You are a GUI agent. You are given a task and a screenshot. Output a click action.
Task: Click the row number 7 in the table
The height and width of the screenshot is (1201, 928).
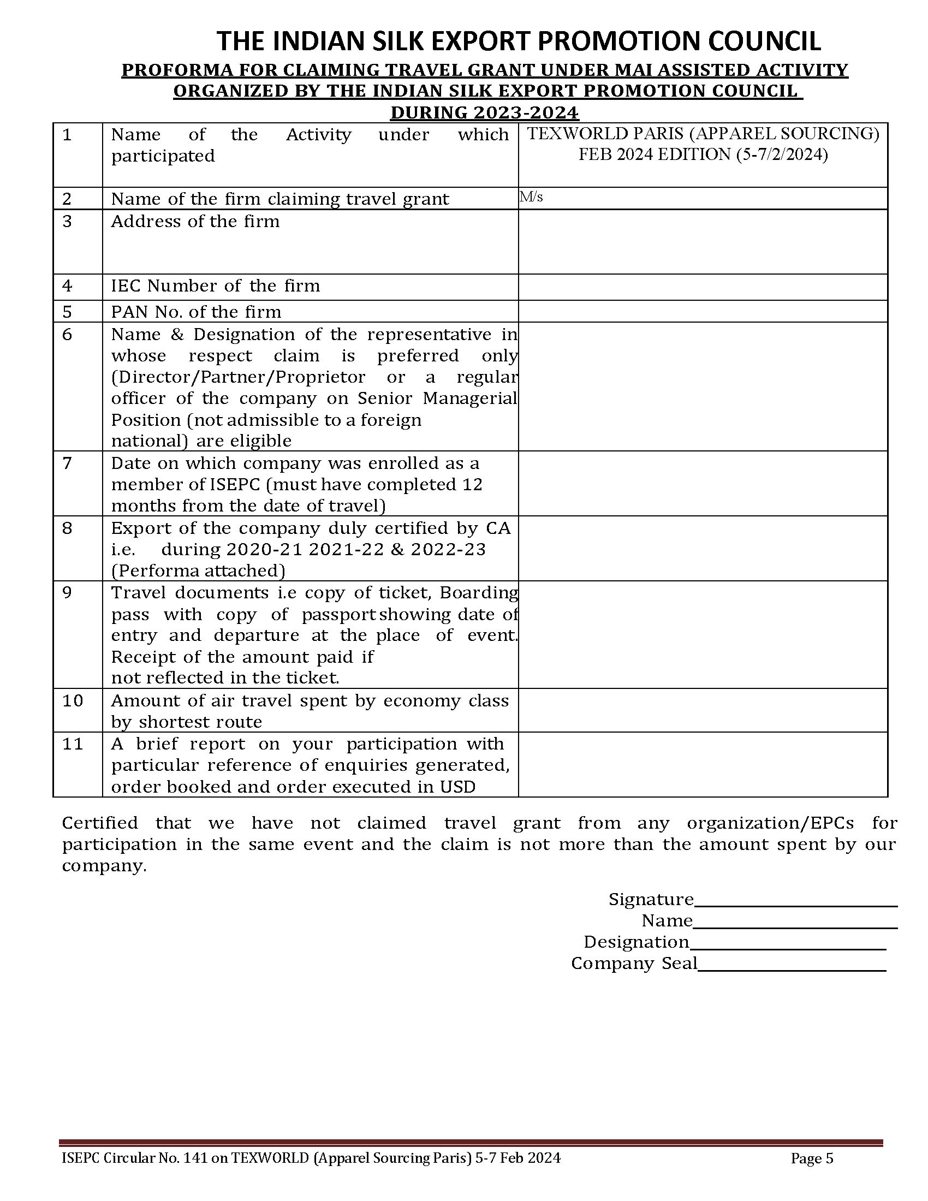pos(67,463)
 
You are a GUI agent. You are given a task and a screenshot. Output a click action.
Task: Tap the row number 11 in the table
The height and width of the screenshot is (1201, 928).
pos(72,744)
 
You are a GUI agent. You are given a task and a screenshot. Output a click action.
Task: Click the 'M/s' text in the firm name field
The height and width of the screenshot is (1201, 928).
pos(532,197)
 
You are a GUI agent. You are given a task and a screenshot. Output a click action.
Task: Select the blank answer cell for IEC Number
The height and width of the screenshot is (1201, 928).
pos(703,287)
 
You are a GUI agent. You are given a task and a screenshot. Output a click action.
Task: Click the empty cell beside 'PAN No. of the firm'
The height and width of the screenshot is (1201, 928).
pos(703,311)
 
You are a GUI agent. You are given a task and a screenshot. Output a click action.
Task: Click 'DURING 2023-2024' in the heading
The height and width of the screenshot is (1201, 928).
pos(484,113)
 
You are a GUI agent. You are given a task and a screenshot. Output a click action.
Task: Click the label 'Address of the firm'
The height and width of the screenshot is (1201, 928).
pos(195,222)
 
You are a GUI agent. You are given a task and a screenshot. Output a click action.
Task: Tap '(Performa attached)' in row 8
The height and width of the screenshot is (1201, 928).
pos(198,571)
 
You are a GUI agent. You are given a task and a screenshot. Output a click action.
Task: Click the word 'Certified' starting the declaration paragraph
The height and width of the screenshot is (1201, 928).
pos(99,823)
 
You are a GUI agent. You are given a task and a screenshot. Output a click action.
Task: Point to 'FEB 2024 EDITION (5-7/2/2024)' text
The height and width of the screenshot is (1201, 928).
pos(703,155)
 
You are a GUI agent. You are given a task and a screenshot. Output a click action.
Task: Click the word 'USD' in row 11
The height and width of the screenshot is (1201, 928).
pos(457,787)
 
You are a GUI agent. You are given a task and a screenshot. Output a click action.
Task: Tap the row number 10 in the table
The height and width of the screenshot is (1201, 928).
pos(72,701)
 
